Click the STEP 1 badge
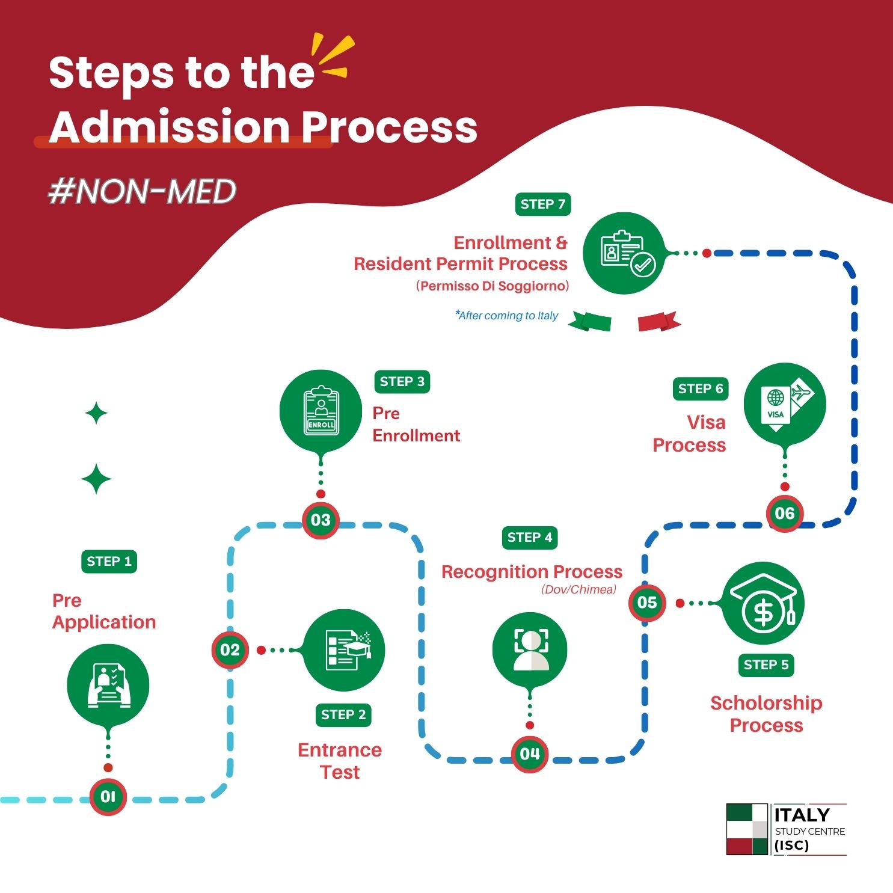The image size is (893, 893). click(x=109, y=561)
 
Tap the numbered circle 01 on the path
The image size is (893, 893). click(x=108, y=796)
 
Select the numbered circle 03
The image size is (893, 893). click(x=321, y=520)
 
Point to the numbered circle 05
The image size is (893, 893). click(x=647, y=602)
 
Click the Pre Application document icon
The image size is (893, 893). click(x=108, y=685)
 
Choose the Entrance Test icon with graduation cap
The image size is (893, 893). click(x=344, y=650)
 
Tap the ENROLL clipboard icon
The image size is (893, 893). click(x=321, y=411)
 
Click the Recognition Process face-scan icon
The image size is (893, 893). click(x=530, y=649)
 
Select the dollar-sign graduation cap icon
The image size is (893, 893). click(x=763, y=603)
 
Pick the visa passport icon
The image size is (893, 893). click(x=785, y=404)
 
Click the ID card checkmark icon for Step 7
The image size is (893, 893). click(x=625, y=253)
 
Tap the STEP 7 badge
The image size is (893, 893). click(x=542, y=204)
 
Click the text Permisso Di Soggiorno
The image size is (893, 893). click(x=492, y=286)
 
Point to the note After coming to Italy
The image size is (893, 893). click(x=507, y=316)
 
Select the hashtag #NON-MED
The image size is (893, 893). click(x=142, y=191)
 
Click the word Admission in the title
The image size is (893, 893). click(x=170, y=127)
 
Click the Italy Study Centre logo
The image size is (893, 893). click(x=786, y=829)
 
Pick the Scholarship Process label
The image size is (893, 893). click(x=766, y=714)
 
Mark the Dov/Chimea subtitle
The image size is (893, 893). click(x=578, y=589)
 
